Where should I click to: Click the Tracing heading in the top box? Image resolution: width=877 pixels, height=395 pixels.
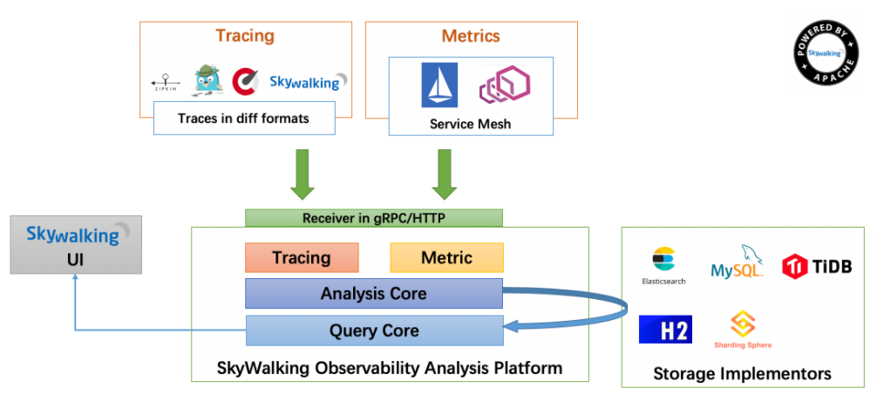(x=244, y=36)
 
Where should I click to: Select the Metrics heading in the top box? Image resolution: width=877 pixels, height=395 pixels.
(x=471, y=36)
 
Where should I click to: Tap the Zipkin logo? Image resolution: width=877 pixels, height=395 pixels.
(x=166, y=83)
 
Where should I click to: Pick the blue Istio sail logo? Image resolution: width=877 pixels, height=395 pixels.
(x=439, y=85)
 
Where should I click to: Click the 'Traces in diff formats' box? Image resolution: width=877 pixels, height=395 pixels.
(x=244, y=118)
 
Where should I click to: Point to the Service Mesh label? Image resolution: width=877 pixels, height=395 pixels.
(x=470, y=124)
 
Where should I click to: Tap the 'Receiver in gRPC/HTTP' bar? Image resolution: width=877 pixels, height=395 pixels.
(x=374, y=218)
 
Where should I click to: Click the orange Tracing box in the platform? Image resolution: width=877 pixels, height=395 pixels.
(x=302, y=258)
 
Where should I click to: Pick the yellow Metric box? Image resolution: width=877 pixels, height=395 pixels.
(x=446, y=258)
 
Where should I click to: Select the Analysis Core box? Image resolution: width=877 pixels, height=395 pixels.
(x=374, y=294)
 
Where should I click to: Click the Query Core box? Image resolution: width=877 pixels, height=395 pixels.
(x=374, y=330)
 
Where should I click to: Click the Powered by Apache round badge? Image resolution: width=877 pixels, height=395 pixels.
(x=822, y=54)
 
